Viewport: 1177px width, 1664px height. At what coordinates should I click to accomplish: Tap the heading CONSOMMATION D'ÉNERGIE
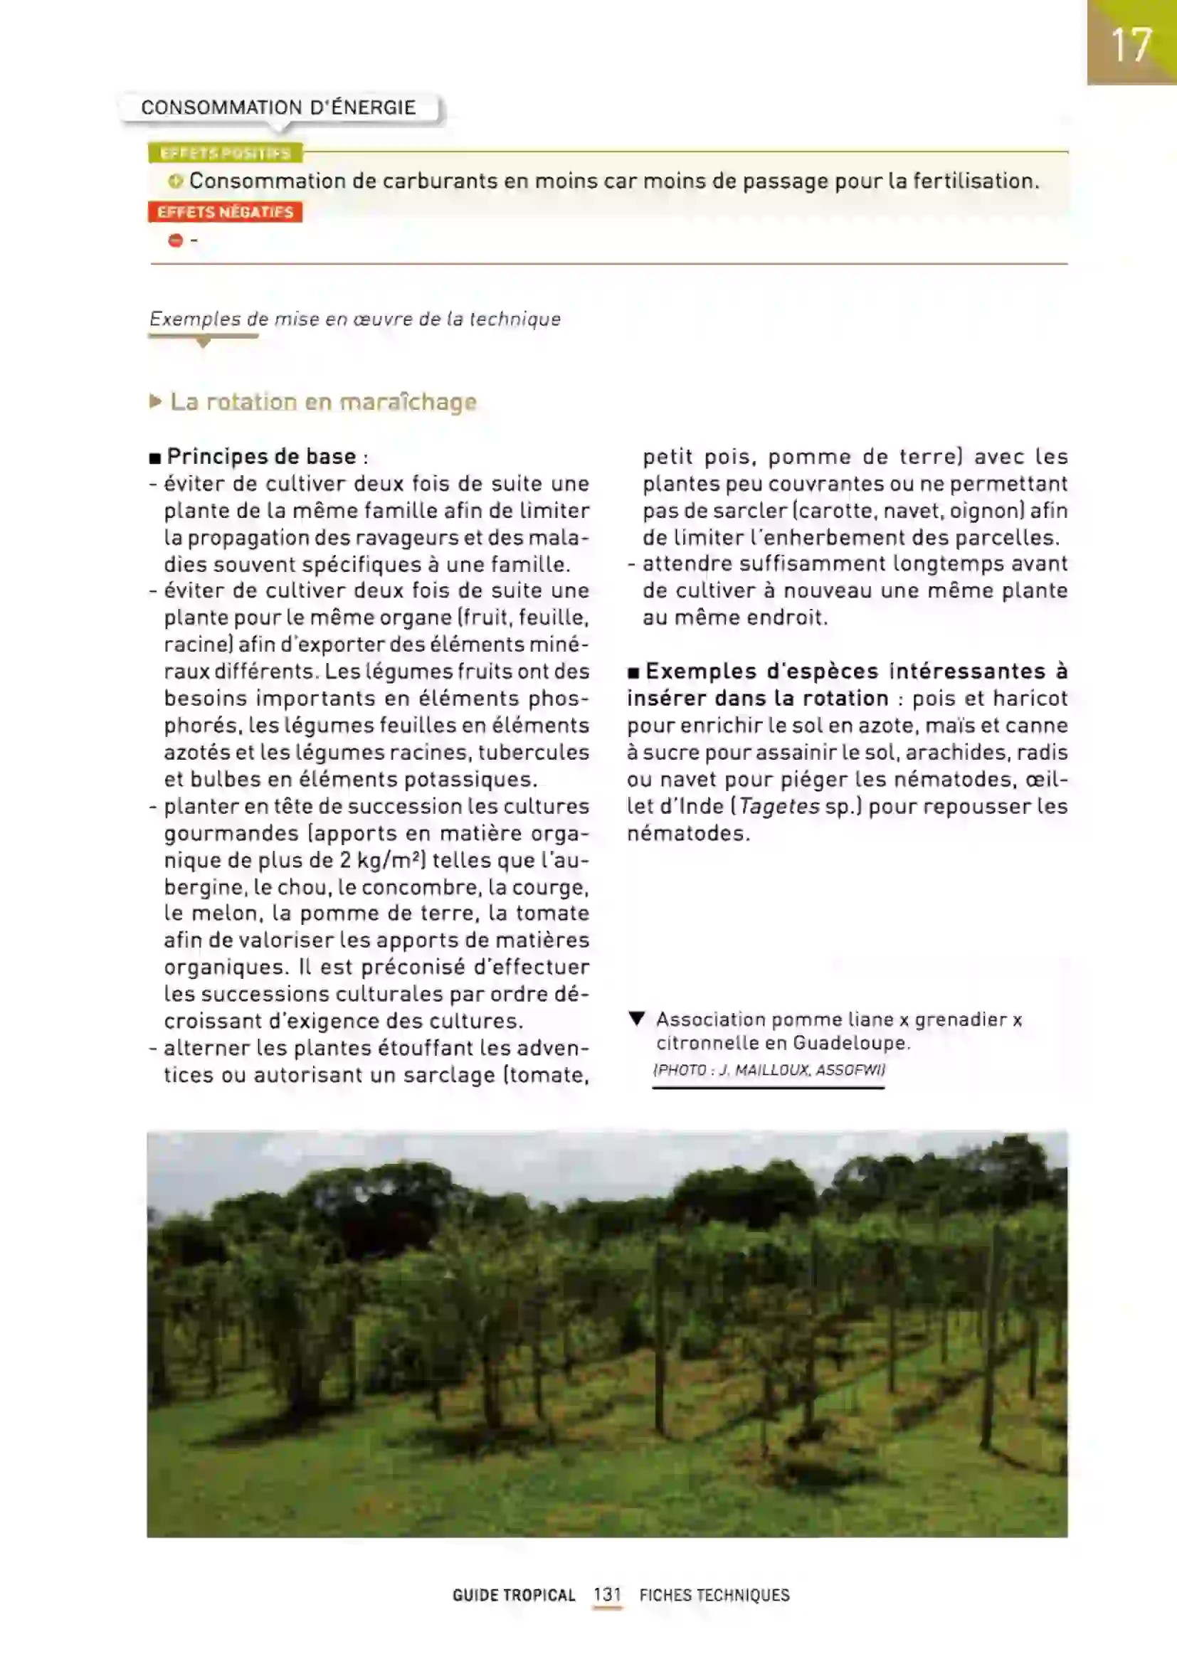click(x=278, y=108)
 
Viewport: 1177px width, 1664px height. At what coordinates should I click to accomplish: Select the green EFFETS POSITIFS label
click(x=226, y=154)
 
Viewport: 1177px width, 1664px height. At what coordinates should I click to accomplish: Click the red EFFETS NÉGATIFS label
click(x=226, y=212)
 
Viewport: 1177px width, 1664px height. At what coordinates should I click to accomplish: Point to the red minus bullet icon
click(x=175, y=240)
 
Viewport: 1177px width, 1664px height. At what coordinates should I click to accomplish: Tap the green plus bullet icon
click(x=175, y=181)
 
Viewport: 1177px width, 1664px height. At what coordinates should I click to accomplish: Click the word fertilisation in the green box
click(x=975, y=181)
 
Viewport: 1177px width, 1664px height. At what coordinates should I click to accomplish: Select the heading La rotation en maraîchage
click(x=323, y=402)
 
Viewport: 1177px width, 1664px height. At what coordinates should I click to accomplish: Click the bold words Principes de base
click(x=262, y=457)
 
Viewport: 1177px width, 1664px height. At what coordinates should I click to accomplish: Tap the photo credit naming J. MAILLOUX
click(x=769, y=1070)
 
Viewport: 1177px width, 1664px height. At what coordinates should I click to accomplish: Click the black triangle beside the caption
click(x=637, y=1019)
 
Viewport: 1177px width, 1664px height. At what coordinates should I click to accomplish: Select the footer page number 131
click(x=607, y=1594)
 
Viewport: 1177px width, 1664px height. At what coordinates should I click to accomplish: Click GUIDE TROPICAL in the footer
click(x=514, y=1595)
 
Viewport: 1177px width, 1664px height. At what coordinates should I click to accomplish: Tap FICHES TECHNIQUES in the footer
click(x=714, y=1595)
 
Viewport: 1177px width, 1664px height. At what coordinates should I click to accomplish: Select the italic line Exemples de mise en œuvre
click(x=355, y=319)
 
